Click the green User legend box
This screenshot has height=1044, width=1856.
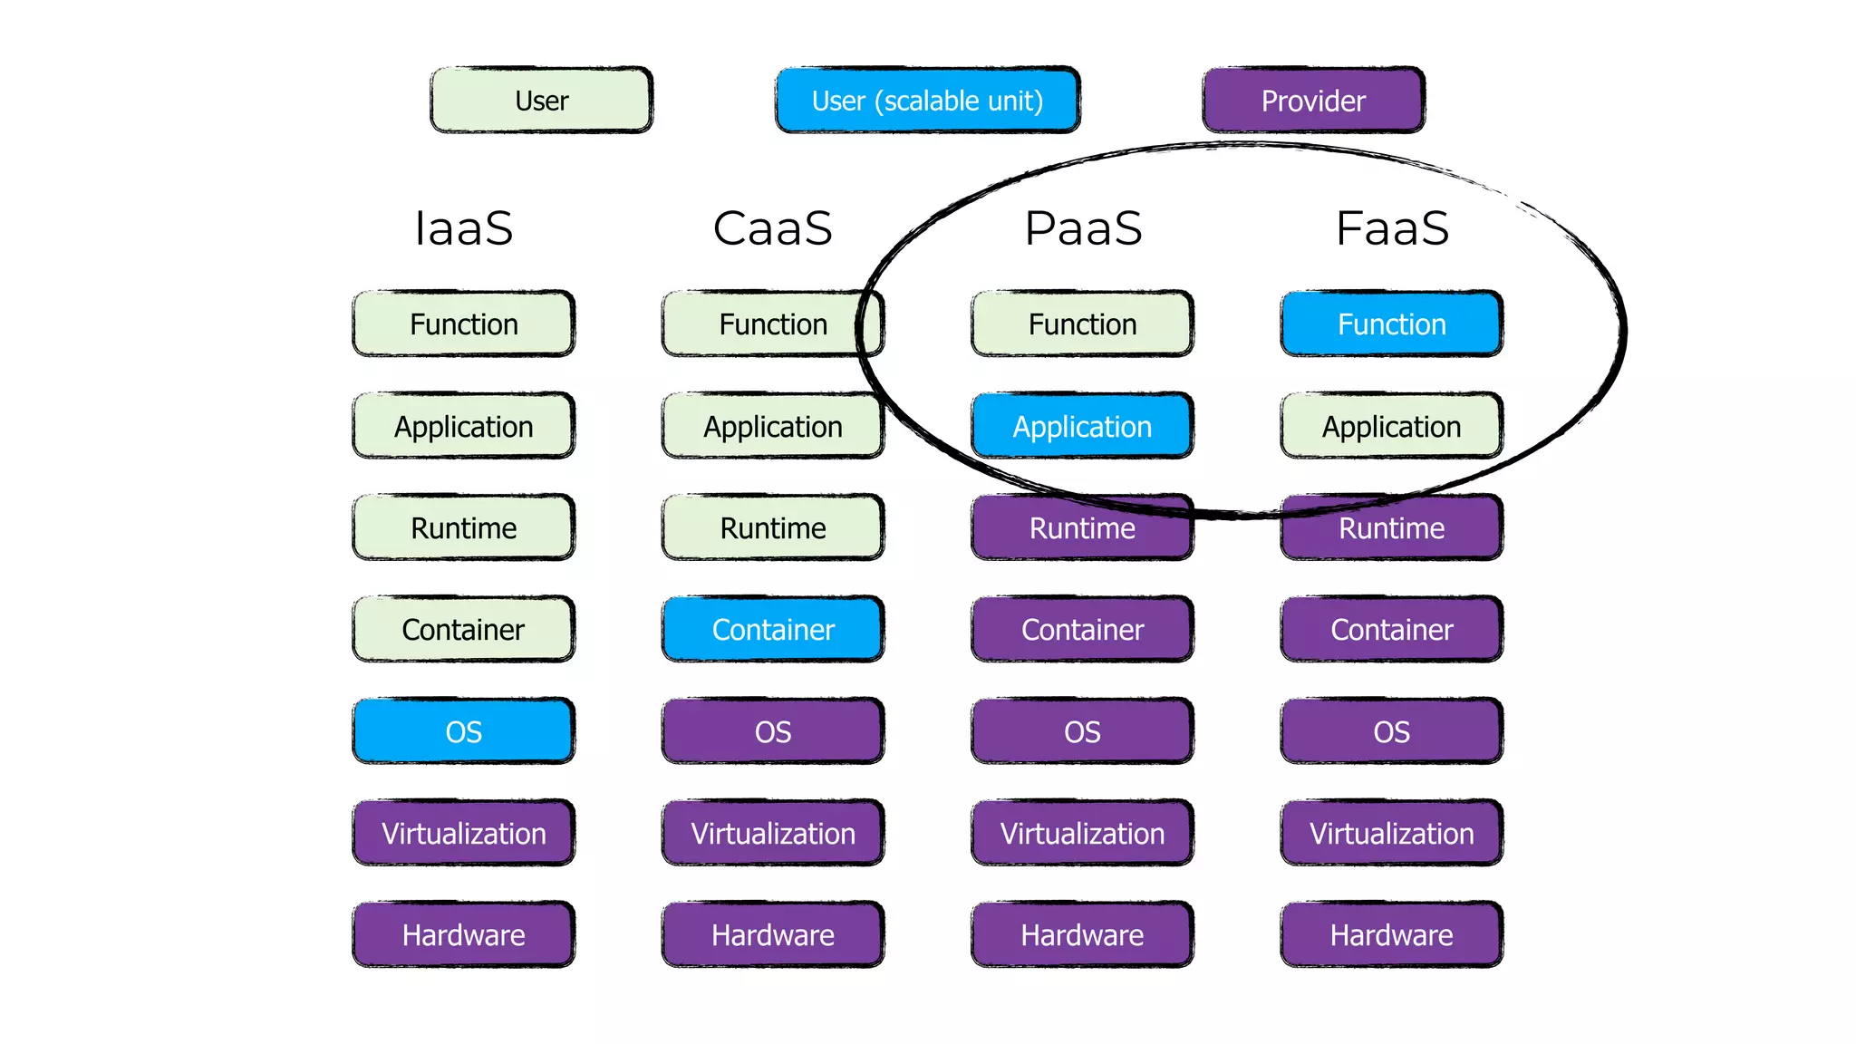[541, 100]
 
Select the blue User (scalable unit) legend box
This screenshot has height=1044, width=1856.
[927, 100]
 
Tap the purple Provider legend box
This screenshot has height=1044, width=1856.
[1313, 100]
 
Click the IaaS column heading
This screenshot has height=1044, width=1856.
[463, 227]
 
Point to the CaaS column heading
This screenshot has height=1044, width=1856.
[772, 227]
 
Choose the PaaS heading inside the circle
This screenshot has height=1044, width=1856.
[1082, 227]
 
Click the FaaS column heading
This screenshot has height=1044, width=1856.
[1392, 227]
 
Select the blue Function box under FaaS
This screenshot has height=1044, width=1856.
[1392, 324]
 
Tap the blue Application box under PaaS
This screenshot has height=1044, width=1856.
[1082, 426]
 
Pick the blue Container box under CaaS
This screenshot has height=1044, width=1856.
[772, 629]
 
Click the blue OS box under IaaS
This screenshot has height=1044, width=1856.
[463, 730]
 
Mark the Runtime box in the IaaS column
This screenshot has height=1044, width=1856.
[463, 527]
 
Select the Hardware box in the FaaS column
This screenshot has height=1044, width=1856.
[1392, 934]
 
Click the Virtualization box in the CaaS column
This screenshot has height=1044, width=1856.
[772, 833]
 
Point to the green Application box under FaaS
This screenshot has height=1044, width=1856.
[1392, 426]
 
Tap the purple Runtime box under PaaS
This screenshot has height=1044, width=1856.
[1082, 527]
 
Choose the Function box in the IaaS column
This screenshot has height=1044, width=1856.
[463, 324]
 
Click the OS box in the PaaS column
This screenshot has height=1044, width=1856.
[1082, 730]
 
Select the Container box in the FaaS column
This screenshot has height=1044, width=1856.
[1392, 629]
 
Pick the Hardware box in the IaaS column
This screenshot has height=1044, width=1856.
[463, 934]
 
